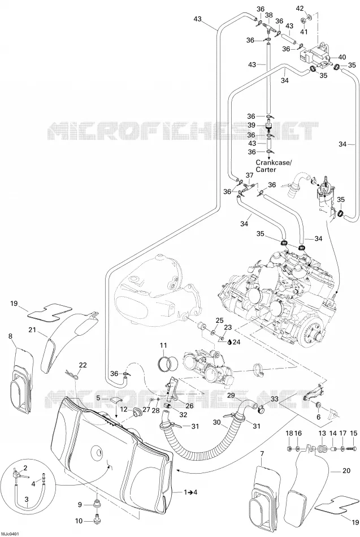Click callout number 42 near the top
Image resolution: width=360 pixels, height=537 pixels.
pos(300,8)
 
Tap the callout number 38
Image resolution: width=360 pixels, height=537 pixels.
pos(269,15)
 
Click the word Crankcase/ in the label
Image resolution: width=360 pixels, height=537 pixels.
pos(273,162)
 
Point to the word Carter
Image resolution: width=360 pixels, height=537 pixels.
pos(266,170)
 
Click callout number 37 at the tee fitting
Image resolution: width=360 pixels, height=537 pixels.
pos(249,175)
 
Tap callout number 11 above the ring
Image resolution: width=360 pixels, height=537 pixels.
pos(163,345)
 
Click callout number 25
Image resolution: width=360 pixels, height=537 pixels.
pos(220,320)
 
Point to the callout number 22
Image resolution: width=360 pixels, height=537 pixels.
pos(83,365)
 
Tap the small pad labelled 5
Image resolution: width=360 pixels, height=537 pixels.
pos(115,400)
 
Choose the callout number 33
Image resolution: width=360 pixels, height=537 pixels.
pos(274,399)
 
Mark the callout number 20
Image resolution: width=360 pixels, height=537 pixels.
pos(346,471)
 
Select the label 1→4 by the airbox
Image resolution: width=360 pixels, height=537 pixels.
pos(190,492)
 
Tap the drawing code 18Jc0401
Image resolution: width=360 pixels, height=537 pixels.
pos(10,534)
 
